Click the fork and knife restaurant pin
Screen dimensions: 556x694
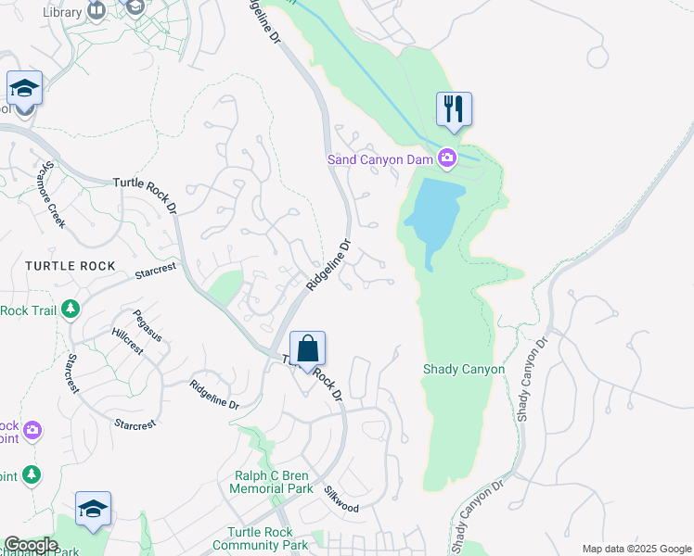pyautogui.click(x=454, y=108)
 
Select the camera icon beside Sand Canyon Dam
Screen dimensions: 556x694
pyautogui.click(x=447, y=159)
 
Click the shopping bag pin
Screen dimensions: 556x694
pyautogui.click(x=308, y=349)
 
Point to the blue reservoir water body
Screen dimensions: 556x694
pyautogui.click(x=433, y=213)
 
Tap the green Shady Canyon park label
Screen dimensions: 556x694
pyautogui.click(x=464, y=369)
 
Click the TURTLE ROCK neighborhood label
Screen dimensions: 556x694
pyautogui.click(x=71, y=266)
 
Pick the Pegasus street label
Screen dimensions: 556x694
pyautogui.click(x=147, y=325)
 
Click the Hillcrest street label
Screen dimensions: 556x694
pyautogui.click(x=127, y=342)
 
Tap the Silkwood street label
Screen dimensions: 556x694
pyautogui.click(x=341, y=501)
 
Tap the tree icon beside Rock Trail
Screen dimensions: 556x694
pyautogui.click(x=71, y=309)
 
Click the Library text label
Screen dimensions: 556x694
pyautogui.click(x=62, y=12)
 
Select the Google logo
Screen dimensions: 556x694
pyautogui.click(x=30, y=545)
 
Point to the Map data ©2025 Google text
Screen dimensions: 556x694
pyautogui.click(x=636, y=549)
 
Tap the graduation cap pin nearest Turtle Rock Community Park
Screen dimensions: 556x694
pyautogui.click(x=93, y=510)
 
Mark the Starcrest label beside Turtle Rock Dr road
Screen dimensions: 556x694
pyautogui.click(x=155, y=272)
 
